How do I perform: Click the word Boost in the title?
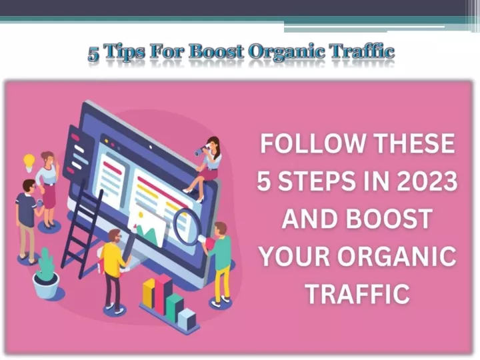[x=216, y=51]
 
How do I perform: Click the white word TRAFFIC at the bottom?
[x=357, y=293]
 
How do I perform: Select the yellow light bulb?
[x=29, y=163]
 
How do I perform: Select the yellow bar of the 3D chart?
[x=149, y=293]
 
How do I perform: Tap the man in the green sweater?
[x=219, y=263]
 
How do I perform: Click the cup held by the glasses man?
[x=40, y=203]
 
